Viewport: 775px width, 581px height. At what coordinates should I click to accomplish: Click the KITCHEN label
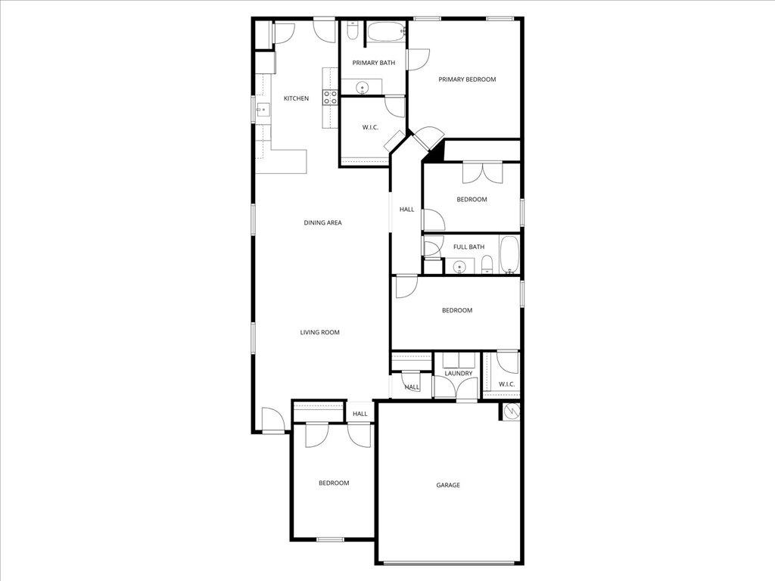tap(296, 98)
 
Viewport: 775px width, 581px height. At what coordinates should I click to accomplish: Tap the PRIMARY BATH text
tap(374, 63)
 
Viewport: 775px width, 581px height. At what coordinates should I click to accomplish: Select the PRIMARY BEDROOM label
tap(467, 79)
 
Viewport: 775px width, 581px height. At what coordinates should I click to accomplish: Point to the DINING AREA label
tap(323, 223)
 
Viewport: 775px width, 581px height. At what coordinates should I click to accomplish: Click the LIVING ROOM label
tap(319, 332)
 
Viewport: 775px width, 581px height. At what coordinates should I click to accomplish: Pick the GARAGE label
tap(448, 486)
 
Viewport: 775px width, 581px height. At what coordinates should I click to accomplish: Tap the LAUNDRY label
tap(459, 373)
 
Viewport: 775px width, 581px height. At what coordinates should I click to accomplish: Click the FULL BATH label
tap(468, 247)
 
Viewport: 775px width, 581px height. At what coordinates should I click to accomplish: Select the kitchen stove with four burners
tap(331, 97)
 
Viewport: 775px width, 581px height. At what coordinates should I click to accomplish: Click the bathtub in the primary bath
tap(387, 33)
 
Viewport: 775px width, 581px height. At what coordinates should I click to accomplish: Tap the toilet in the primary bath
tap(353, 31)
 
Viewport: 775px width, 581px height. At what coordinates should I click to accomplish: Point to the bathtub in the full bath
tap(509, 254)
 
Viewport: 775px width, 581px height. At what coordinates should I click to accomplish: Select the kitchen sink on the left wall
tap(262, 110)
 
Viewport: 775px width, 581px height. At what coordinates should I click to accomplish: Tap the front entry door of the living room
tap(272, 420)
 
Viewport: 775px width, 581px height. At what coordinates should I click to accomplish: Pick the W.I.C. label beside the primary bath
tap(370, 127)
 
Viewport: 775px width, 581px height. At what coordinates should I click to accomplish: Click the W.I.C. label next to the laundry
tap(506, 384)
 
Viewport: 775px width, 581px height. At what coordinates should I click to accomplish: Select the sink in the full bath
tap(458, 266)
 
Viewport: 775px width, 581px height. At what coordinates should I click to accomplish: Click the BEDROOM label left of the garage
tap(334, 483)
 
